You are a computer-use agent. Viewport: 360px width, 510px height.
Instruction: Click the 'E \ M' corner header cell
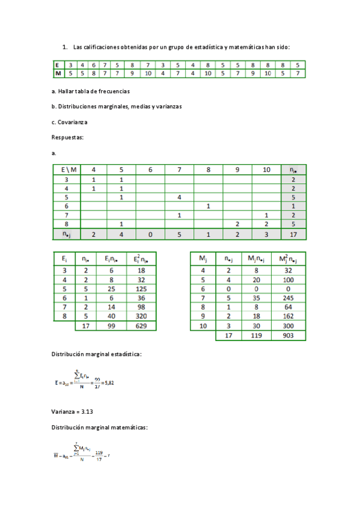coord(66,170)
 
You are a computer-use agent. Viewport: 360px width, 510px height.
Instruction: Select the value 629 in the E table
coord(141,325)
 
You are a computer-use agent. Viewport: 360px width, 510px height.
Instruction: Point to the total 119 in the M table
coord(254,336)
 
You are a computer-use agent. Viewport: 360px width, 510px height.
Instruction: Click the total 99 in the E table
coord(110,325)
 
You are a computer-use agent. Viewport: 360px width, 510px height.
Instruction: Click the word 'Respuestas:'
coord(67,137)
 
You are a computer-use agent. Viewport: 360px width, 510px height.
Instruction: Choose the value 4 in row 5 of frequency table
coord(179,197)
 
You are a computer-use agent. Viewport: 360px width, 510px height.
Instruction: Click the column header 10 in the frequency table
coord(266,170)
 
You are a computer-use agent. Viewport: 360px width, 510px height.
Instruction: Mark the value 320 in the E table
coord(141,315)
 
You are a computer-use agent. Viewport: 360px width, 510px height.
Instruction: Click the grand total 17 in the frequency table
coord(292,235)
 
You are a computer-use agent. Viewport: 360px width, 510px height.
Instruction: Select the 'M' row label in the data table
coord(57,73)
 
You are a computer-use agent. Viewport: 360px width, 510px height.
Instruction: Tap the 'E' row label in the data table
coord(57,65)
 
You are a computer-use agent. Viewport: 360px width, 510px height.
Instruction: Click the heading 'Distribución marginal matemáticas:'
coord(99,428)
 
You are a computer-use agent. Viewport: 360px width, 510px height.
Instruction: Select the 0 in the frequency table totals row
coord(150,235)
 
